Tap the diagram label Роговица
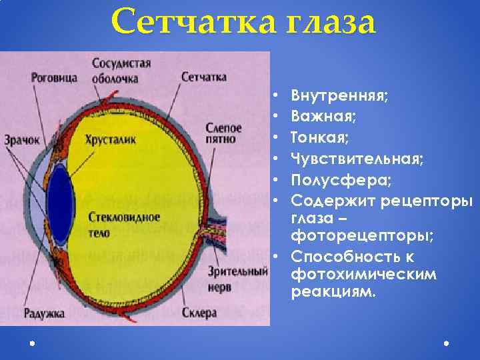54,77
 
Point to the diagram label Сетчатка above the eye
203,77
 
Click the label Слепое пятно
223,133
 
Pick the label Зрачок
22,140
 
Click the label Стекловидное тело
123,224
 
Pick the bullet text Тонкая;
324,137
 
